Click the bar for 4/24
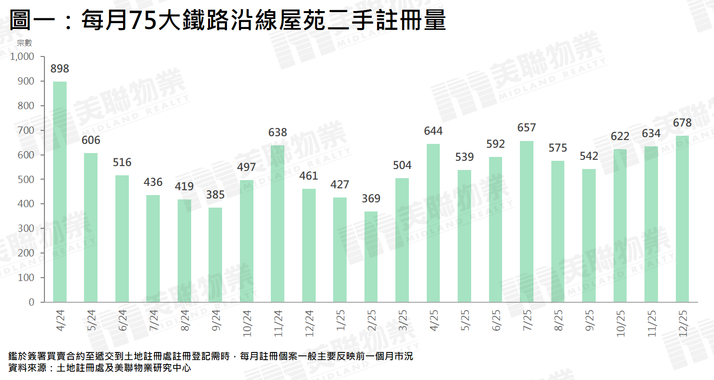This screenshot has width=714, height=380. (60, 192)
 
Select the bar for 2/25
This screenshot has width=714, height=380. (371, 257)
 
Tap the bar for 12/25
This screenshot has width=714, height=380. (682, 219)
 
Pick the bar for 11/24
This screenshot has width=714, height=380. (278, 224)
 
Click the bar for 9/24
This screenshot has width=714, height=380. (215, 255)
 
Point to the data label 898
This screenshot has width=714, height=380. (60, 69)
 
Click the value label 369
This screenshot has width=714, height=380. (371, 198)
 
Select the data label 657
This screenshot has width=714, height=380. (527, 128)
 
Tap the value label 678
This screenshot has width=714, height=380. (682, 123)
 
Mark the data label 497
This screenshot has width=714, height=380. (246, 168)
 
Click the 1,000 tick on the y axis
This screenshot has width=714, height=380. (22, 56)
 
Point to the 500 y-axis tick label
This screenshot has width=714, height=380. (27, 179)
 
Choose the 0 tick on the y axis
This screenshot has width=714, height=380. (31, 302)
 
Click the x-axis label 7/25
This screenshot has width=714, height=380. (527, 320)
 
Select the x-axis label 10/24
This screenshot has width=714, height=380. (247, 322)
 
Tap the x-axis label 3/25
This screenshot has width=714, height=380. (403, 320)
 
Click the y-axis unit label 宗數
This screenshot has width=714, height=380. (24, 43)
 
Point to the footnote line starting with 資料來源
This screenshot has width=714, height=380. (100, 368)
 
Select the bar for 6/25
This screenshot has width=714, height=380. (495, 229)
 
